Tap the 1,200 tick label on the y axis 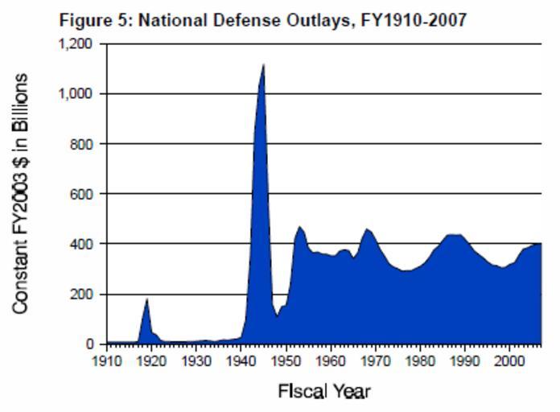[x=78, y=43]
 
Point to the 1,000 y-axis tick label [x=78, y=93]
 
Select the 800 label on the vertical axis [x=84, y=144]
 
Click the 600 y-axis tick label [x=84, y=194]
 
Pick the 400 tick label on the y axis [x=84, y=244]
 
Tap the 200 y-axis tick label [x=84, y=295]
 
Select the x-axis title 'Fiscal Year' [x=324, y=392]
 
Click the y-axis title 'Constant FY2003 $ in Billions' [x=22, y=193]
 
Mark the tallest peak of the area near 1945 [x=263, y=65]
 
